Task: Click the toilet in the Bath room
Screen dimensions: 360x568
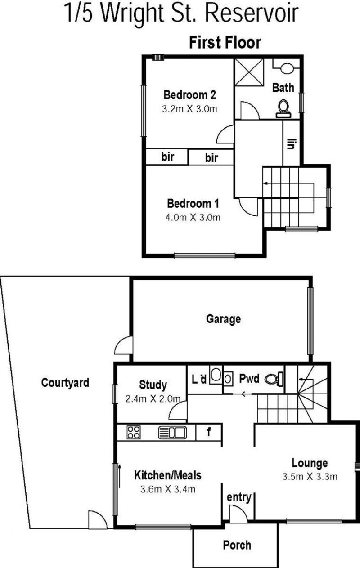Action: point(283,109)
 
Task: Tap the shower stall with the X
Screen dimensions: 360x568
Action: point(249,72)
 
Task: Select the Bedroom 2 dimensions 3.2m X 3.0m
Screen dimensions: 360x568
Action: point(189,109)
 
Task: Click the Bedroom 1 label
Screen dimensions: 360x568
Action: point(193,203)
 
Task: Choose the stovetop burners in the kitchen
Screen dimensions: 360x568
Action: point(134,432)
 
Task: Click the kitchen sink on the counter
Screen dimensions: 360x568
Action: point(172,432)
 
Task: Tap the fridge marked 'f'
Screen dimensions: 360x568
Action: point(209,432)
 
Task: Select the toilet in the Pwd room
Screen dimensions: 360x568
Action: point(274,379)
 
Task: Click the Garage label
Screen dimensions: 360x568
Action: point(223,319)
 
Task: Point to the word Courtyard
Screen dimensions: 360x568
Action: point(65,383)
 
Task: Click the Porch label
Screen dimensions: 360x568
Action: point(237,545)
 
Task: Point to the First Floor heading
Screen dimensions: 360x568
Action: point(225,42)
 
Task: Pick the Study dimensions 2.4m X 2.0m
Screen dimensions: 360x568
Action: point(153,399)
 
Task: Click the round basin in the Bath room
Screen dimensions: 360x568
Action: point(287,68)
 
